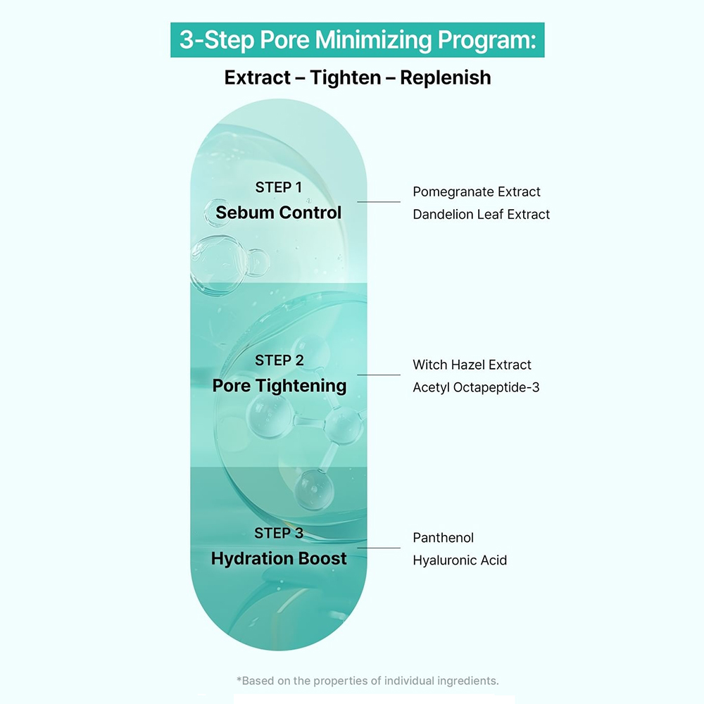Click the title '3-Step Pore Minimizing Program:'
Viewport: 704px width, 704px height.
358,40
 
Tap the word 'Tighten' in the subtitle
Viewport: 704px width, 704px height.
344,77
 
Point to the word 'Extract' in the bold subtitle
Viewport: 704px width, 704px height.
256,77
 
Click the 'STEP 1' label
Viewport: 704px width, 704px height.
278,187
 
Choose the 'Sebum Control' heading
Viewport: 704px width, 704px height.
278,213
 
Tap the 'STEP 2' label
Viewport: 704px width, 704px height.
279,360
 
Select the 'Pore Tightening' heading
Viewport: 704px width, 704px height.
279,386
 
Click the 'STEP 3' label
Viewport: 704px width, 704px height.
279,533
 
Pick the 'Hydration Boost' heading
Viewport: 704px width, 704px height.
279,559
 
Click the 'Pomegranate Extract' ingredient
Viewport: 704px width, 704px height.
477,192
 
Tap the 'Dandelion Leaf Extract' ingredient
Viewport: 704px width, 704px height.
482,214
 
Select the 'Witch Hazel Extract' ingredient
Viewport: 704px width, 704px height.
472,365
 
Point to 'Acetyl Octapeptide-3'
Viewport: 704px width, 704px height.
476,387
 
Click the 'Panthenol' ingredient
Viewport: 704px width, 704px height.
444,538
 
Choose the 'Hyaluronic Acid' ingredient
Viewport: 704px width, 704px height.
460,560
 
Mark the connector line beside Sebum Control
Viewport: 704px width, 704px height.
379,202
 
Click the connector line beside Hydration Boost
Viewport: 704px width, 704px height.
379,548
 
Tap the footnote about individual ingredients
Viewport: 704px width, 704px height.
368,681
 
